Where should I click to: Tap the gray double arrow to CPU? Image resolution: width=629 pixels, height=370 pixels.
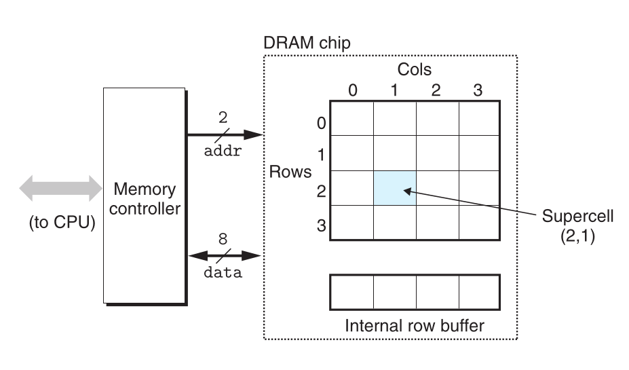click(60, 188)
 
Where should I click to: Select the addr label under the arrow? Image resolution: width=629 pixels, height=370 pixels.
click(223, 151)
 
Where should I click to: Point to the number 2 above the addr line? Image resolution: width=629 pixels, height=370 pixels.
click(223, 118)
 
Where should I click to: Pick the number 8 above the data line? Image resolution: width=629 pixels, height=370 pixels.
click(223, 240)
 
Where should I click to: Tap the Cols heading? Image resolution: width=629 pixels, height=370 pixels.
click(414, 70)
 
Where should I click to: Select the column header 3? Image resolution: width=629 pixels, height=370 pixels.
click(478, 90)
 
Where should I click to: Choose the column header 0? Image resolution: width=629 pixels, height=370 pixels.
click(352, 90)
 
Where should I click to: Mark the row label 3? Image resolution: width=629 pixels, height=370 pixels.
click(321, 225)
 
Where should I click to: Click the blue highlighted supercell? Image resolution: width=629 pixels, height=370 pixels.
click(394, 187)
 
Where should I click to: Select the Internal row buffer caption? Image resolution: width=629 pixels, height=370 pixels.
click(415, 325)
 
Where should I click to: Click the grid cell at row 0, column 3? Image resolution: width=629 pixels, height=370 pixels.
click(479, 118)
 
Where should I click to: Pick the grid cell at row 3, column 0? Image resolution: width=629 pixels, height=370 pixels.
click(352, 222)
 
